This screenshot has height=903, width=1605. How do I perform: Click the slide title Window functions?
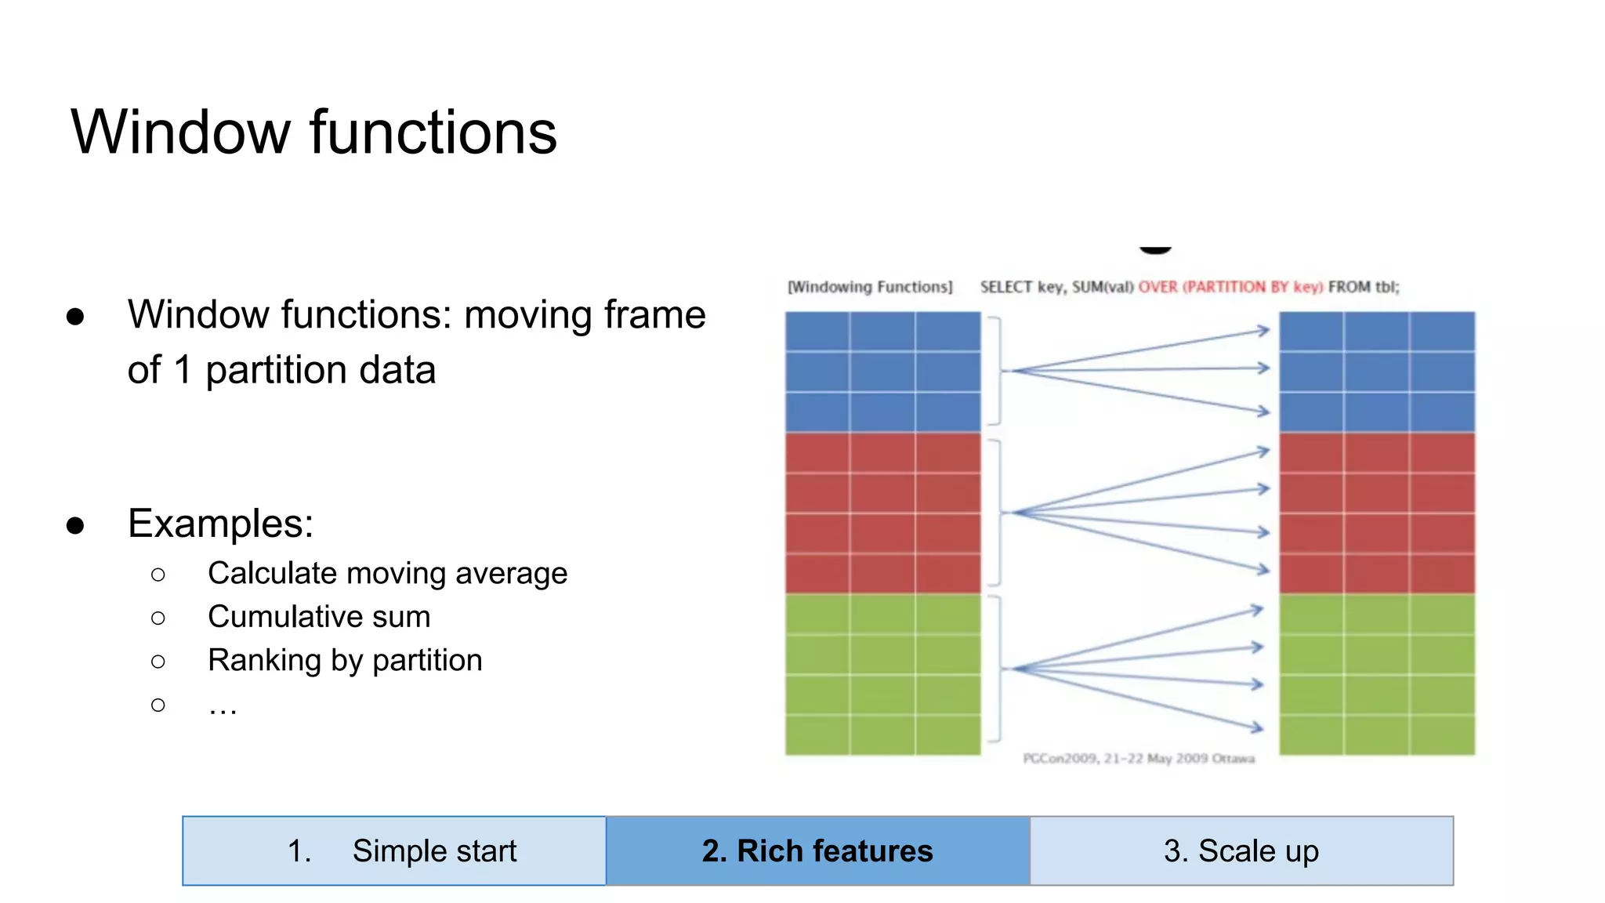coord(313,132)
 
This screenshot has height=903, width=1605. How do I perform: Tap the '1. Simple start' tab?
coord(394,850)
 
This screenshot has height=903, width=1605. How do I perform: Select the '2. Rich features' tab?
coord(817,850)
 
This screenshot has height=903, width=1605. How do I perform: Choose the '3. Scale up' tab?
coord(1241,850)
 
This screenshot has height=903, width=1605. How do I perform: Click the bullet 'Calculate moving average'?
coord(387,573)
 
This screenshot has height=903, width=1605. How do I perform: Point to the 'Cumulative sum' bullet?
coord(319,617)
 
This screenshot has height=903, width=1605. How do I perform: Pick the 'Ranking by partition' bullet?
coord(345,660)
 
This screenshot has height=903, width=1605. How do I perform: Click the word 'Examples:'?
coord(220,523)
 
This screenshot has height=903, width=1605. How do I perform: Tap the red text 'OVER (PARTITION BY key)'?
coord(1230,287)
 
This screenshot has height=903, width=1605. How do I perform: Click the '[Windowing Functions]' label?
coord(870,287)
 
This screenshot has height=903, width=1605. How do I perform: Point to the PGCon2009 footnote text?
coord(1139,758)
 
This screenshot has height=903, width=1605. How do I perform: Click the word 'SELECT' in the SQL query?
coord(1005,287)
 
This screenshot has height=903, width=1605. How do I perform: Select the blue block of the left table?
coord(882,372)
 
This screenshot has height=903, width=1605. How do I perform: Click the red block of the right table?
coord(1377,513)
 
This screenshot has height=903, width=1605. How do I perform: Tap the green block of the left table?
coord(882,674)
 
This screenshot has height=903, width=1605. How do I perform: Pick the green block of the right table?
coord(1377,674)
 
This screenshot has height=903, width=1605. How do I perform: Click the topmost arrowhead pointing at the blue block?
coord(1263,331)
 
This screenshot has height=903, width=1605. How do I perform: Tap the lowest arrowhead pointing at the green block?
coord(1258,728)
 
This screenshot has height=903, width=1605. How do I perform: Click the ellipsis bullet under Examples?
coord(223,705)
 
